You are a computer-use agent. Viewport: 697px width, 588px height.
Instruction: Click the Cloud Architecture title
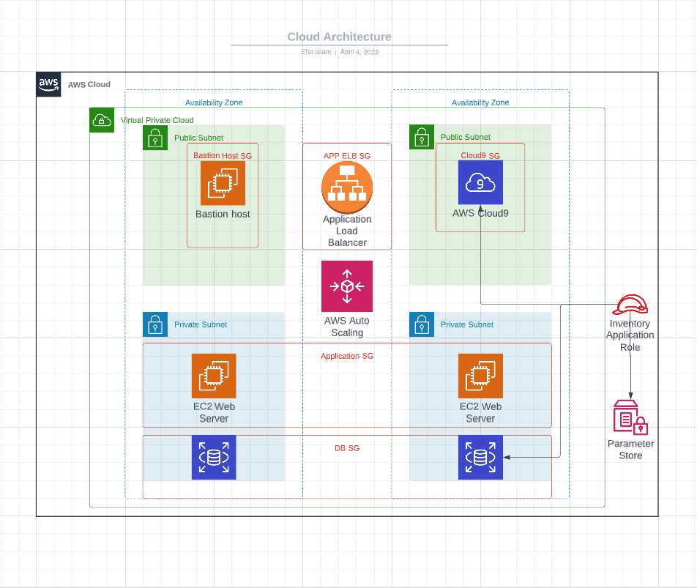pos(339,37)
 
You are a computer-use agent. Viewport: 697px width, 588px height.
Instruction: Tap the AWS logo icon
pos(49,84)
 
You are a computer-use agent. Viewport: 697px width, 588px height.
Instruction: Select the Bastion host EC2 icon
pos(223,183)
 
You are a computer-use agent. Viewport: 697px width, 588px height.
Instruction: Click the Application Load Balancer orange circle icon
pos(347,186)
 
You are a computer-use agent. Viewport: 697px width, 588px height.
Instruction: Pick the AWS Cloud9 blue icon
pos(480,182)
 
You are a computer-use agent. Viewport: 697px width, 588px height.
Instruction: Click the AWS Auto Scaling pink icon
pos(347,286)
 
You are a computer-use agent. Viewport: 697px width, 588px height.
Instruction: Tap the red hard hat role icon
pos(631,305)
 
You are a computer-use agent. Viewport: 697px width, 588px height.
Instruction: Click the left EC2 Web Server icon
pos(214,376)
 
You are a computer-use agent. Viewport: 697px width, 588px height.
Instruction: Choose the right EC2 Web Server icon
pos(480,376)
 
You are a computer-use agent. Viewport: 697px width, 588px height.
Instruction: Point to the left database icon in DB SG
pos(214,458)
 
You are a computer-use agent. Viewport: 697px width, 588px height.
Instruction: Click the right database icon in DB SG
pos(480,458)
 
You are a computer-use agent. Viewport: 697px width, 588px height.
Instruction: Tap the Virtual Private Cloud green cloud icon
pos(101,120)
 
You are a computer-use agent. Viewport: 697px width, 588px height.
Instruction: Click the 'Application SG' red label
pos(347,356)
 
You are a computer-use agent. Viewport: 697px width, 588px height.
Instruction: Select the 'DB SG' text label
pos(347,448)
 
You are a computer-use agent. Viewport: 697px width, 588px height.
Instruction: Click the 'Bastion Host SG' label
pos(223,155)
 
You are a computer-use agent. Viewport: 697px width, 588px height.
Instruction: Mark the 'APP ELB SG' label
pos(347,156)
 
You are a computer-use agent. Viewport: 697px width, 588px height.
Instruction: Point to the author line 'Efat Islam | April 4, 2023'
pos(339,52)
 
